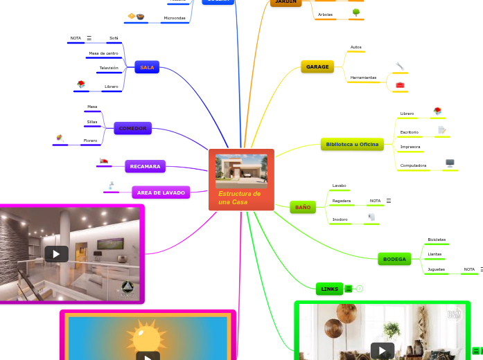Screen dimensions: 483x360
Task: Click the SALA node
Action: (x=147, y=67)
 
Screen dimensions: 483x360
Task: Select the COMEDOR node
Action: (x=132, y=128)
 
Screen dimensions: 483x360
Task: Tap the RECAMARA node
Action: (x=145, y=166)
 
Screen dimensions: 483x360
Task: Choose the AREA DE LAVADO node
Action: (x=161, y=192)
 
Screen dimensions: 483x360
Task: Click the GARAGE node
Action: (x=317, y=66)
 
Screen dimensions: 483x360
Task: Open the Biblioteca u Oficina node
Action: (x=352, y=144)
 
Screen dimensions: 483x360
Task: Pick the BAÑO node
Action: (x=303, y=207)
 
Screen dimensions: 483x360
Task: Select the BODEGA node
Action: (x=394, y=259)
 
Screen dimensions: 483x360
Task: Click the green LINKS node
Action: (x=329, y=288)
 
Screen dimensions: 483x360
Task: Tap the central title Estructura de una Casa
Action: (x=239, y=197)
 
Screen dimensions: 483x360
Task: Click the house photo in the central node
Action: (x=241, y=170)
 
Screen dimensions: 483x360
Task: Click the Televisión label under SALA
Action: (x=108, y=68)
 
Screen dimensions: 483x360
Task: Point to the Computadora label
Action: (x=413, y=165)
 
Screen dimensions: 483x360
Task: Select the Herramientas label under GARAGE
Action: (x=363, y=78)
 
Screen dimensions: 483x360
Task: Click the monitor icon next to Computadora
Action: (x=450, y=163)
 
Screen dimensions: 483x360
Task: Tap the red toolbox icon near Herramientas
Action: (x=400, y=84)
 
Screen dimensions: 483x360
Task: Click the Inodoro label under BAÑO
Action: (x=340, y=219)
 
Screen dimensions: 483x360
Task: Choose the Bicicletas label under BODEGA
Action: (x=437, y=240)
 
